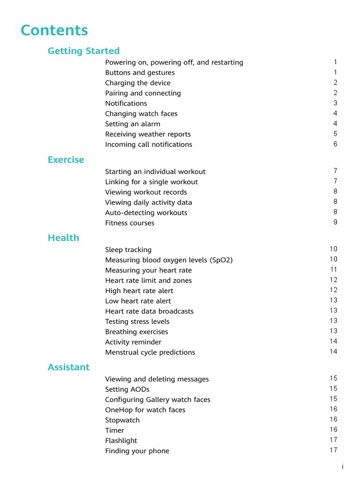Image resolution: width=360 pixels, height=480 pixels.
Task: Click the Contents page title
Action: coord(54,30)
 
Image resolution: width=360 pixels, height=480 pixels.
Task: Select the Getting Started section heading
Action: coord(83,51)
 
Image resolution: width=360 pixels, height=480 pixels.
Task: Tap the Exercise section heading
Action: coord(66,160)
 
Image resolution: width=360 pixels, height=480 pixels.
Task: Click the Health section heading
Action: coord(63,238)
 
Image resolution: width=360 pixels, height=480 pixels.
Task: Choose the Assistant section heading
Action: coord(68,367)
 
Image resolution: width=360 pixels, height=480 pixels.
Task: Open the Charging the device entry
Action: coord(138,83)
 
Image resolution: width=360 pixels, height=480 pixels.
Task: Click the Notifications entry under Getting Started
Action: coord(126,104)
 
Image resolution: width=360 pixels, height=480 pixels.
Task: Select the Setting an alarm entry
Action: coord(133,124)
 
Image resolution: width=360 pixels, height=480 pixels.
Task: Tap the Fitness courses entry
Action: coord(129,223)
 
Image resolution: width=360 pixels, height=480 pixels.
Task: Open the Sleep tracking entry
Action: coord(128,250)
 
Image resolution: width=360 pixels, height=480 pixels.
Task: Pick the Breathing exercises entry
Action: coord(136,332)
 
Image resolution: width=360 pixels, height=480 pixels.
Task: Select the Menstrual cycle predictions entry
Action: coord(150,352)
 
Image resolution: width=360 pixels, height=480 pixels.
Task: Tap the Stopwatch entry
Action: coord(122,420)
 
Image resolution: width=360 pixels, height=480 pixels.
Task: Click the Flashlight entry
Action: coord(121,441)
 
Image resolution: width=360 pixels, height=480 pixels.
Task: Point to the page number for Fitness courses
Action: coord(335,222)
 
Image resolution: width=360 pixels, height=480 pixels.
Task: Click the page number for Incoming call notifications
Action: coord(335,144)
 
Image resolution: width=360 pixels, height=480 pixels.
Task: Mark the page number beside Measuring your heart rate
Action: coord(333,270)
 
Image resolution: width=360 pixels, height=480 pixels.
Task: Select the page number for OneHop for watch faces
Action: coord(333,409)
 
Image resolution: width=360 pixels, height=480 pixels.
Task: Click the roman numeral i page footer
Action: coord(343,467)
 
